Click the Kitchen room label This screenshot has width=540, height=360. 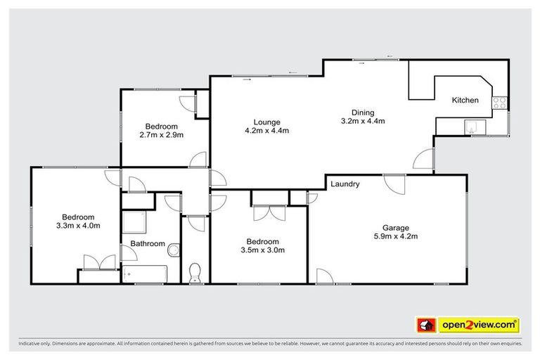click(x=465, y=101)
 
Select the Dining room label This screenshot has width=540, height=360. click(x=363, y=112)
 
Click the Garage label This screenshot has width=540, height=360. click(x=395, y=227)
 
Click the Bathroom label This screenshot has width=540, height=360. click(x=147, y=244)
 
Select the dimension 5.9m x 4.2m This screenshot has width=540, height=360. click(x=395, y=237)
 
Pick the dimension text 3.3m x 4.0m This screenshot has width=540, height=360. click(x=77, y=226)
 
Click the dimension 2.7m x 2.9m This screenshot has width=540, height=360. click(x=160, y=135)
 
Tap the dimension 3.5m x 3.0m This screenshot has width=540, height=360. click(x=262, y=250)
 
